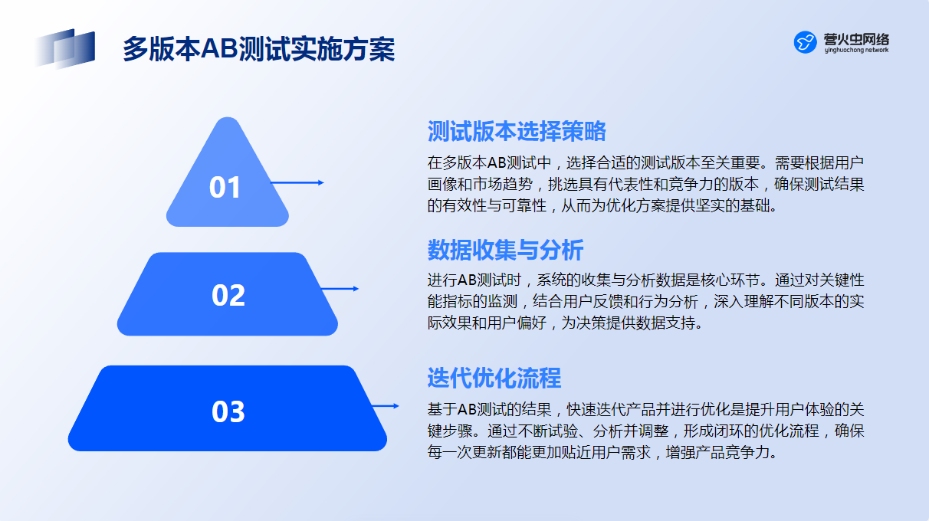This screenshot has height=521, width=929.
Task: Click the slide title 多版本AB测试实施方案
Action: tap(259, 49)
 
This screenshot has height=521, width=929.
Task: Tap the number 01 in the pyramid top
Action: tap(225, 187)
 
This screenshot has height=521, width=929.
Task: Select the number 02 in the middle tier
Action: tap(228, 295)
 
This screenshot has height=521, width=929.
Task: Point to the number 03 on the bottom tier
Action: tap(228, 411)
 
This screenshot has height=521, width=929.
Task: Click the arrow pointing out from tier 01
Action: tap(297, 182)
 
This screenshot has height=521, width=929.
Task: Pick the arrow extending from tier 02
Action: tap(340, 289)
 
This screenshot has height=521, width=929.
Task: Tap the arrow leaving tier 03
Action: tap(386, 406)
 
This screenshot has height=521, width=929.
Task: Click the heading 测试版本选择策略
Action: tap(517, 131)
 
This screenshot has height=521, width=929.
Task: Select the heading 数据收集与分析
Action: tap(506, 250)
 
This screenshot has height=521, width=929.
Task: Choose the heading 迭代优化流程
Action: tap(494, 378)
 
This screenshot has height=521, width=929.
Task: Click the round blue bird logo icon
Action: tap(805, 42)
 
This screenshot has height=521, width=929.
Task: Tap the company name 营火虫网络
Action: tap(856, 39)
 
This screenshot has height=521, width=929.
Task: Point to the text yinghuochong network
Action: tap(856, 50)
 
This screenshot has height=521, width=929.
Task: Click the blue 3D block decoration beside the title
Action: tap(64, 48)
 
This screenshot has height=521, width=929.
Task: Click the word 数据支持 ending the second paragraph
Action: tap(665, 323)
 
